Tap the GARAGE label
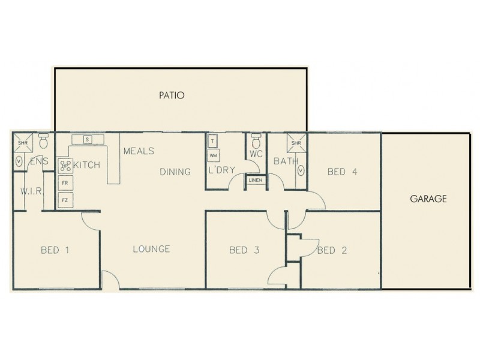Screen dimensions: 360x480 click(x=428, y=199)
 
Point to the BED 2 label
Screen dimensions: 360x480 click(x=332, y=250)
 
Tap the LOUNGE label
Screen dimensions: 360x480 click(x=151, y=249)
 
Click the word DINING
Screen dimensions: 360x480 click(x=175, y=172)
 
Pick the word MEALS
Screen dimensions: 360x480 click(x=139, y=151)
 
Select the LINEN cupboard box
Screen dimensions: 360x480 click(x=255, y=180)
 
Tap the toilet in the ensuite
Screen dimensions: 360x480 click(x=43, y=142)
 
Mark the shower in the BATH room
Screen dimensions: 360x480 click(x=296, y=143)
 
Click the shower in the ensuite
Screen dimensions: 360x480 click(x=22, y=143)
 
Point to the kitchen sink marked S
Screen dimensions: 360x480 click(x=88, y=140)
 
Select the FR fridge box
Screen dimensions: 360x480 click(x=65, y=183)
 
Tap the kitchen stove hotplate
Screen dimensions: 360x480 click(x=65, y=165)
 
